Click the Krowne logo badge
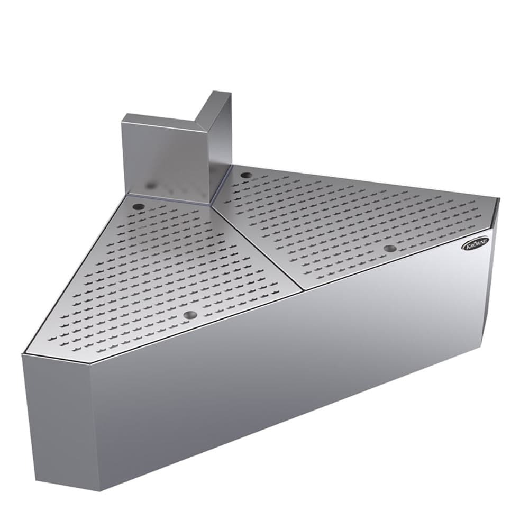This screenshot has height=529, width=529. (476, 244)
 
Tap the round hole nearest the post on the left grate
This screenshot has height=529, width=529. (139, 206)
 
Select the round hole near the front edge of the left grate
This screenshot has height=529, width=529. (189, 315)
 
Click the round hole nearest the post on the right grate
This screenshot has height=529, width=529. (245, 175)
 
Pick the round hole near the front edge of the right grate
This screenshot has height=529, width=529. (390, 248)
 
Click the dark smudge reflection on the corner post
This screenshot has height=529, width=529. (152, 185)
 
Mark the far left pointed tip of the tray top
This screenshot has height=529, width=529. (23, 353)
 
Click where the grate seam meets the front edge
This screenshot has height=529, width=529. (303, 290)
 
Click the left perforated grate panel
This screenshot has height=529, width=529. (159, 270)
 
